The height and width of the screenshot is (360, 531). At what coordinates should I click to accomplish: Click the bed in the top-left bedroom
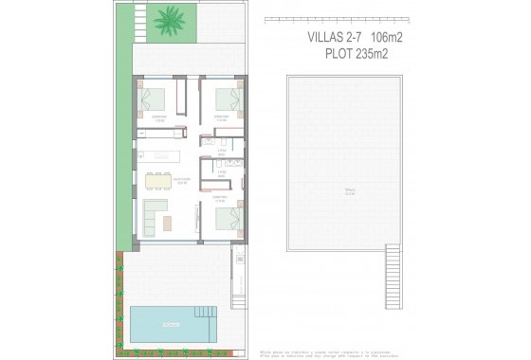(x=154, y=99)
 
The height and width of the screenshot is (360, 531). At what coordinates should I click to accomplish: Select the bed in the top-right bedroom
(x=229, y=99)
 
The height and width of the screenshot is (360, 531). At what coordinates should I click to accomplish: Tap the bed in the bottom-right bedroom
(x=229, y=220)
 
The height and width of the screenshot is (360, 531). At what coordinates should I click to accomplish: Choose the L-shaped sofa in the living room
(x=153, y=217)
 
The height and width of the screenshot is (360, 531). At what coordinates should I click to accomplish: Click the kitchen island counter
(x=162, y=155)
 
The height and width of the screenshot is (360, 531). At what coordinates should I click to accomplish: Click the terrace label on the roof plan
(x=350, y=192)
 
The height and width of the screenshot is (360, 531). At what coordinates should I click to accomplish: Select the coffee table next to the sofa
(x=168, y=223)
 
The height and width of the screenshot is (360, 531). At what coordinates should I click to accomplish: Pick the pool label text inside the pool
(x=171, y=326)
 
